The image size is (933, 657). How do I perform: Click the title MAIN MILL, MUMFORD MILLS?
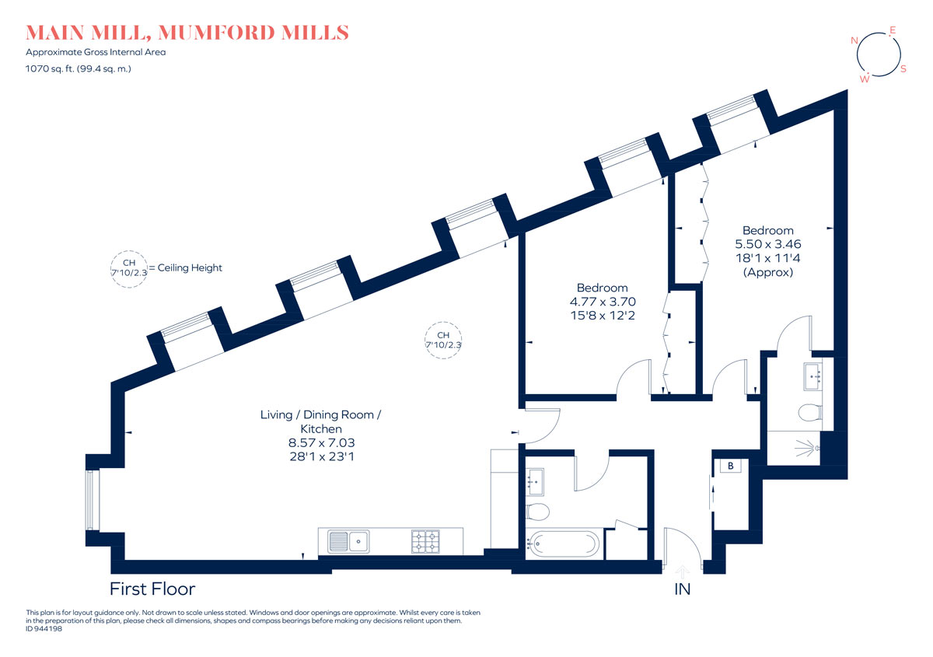click(x=187, y=33)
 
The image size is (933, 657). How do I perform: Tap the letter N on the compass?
click(x=854, y=40)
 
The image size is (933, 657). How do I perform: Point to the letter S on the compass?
click(x=903, y=69)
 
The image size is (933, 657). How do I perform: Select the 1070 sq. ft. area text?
click(x=79, y=68)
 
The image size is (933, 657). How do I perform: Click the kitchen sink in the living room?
click(x=348, y=542)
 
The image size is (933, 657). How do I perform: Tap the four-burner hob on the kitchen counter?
click(x=425, y=542)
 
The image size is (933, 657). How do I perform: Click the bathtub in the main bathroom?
click(x=563, y=543)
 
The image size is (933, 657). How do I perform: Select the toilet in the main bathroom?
click(x=537, y=512)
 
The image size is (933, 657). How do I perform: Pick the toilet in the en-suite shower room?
click(x=810, y=413)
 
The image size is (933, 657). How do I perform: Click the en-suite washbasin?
click(x=812, y=376)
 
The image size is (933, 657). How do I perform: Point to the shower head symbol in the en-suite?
click(x=808, y=449)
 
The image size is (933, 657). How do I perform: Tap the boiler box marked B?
click(x=731, y=466)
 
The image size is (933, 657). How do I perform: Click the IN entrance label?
click(x=683, y=589)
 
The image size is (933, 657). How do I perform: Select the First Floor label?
click(x=152, y=589)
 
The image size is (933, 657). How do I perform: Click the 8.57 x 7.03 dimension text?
click(x=322, y=442)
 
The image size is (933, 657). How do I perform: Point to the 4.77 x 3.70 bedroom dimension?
click(x=603, y=301)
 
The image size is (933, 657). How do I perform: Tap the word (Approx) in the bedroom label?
click(x=768, y=272)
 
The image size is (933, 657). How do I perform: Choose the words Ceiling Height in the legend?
click(x=190, y=267)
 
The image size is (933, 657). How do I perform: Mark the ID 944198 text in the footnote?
click(x=44, y=629)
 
